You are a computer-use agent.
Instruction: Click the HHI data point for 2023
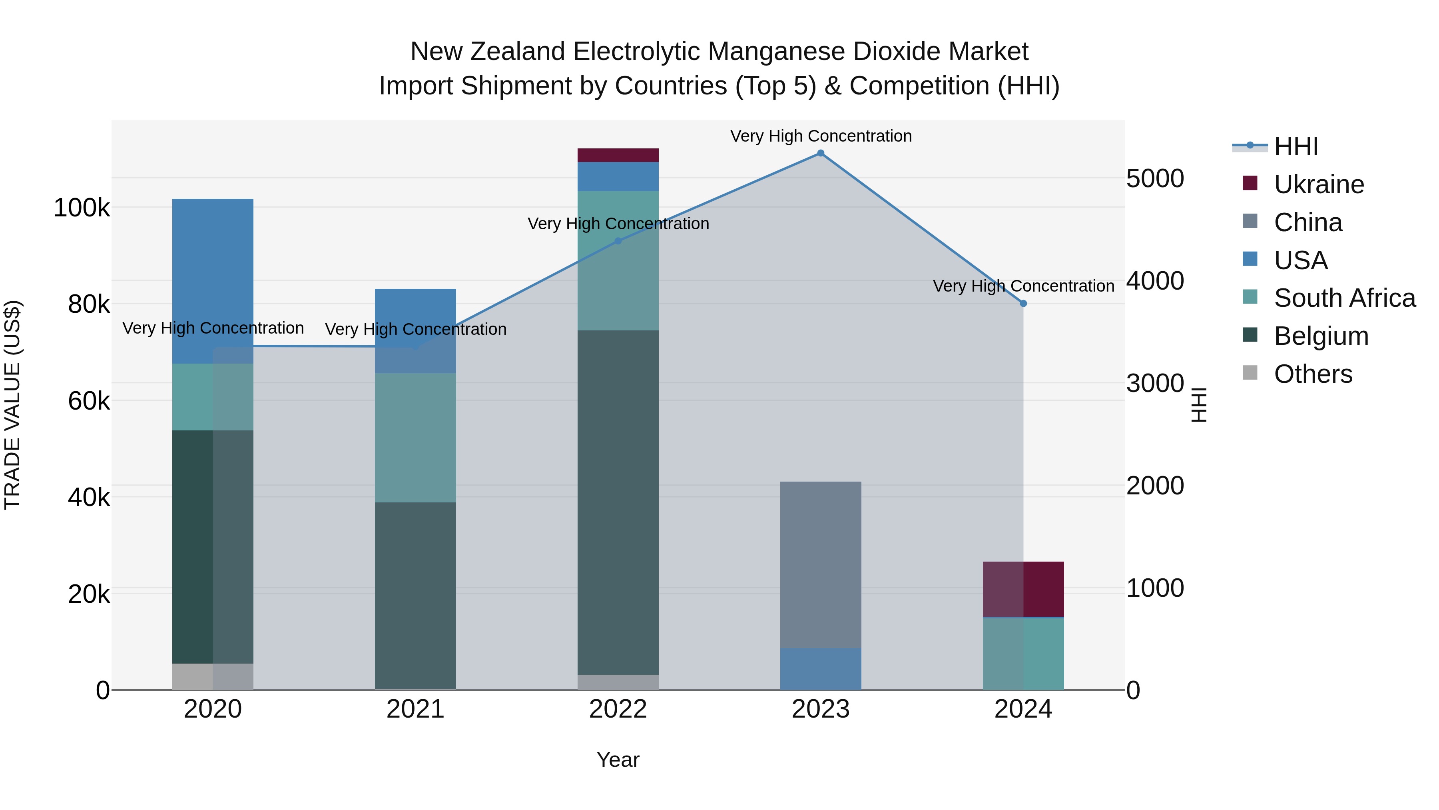(x=821, y=153)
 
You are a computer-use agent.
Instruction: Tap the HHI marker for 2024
(x=1023, y=304)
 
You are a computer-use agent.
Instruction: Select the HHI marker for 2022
(x=618, y=241)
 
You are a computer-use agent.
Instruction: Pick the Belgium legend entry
(x=1321, y=336)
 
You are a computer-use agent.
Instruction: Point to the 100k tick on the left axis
(x=82, y=208)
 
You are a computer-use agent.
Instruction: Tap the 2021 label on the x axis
(x=415, y=709)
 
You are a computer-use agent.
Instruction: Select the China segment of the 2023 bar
(x=821, y=564)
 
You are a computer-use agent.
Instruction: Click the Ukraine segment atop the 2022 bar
(x=618, y=156)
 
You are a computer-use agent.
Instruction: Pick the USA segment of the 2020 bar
(x=213, y=281)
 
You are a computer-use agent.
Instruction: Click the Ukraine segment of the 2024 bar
(x=1023, y=589)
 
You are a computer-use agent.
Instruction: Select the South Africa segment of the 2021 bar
(x=415, y=438)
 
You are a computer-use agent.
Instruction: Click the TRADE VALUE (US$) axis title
(x=13, y=405)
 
